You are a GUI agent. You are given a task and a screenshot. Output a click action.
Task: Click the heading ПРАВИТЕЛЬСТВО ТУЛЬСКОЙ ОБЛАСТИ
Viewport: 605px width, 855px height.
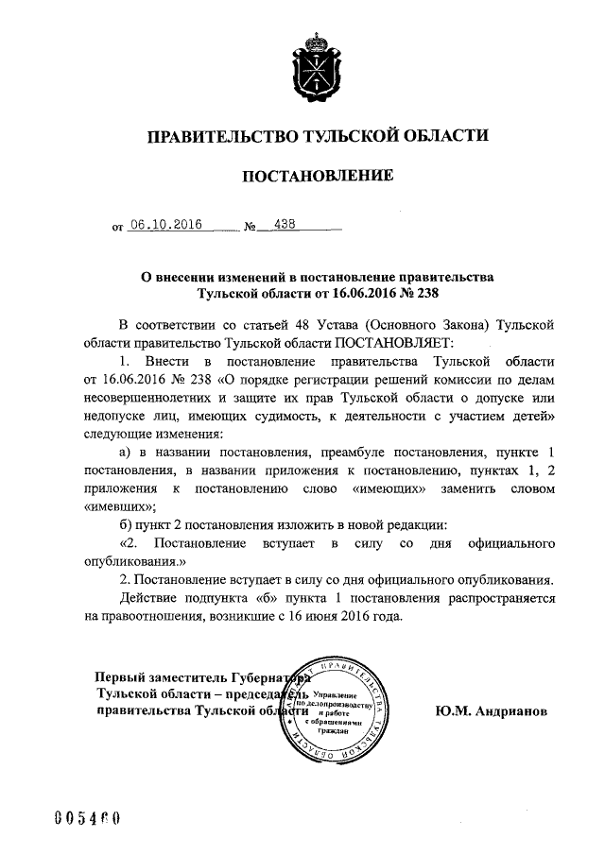[x=316, y=136]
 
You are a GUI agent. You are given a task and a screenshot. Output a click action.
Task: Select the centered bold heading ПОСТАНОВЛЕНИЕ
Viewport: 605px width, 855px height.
[x=317, y=177]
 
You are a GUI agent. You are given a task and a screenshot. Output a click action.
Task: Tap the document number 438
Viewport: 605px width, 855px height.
[x=284, y=225]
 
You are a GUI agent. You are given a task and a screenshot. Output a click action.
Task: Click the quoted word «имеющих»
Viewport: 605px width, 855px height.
[x=388, y=489]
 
